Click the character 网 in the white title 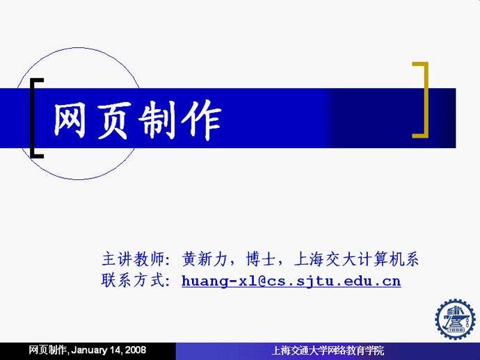70,120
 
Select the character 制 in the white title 157,120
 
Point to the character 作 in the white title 202,120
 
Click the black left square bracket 33,118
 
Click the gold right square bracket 426,99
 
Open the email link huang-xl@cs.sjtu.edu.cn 291,281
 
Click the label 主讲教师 133,259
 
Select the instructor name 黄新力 205,259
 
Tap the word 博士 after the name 261,259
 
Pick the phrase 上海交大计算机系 356,259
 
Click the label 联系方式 133,280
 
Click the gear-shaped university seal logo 455,319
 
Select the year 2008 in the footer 136,350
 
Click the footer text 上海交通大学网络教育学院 328,350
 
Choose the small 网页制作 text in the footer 48,350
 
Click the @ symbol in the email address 262,281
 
